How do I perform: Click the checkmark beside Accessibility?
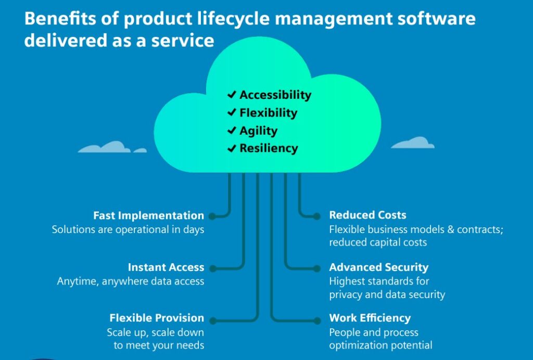tap(232, 95)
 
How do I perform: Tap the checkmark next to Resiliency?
tap(232, 149)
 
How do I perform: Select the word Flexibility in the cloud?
tap(268, 113)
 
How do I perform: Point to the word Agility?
tap(258, 131)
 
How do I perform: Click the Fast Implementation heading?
tap(148, 215)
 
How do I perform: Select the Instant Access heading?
tap(166, 267)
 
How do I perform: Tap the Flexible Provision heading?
tap(157, 318)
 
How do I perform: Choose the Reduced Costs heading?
tap(367, 215)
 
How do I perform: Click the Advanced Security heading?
tap(378, 267)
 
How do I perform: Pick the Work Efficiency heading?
tap(370, 318)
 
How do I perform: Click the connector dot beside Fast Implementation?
tap(211, 215)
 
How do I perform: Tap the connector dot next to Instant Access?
tap(211, 268)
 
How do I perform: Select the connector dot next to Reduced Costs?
tap(317, 215)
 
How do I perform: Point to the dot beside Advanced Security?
tap(317, 268)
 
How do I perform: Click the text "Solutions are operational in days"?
tap(128, 229)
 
